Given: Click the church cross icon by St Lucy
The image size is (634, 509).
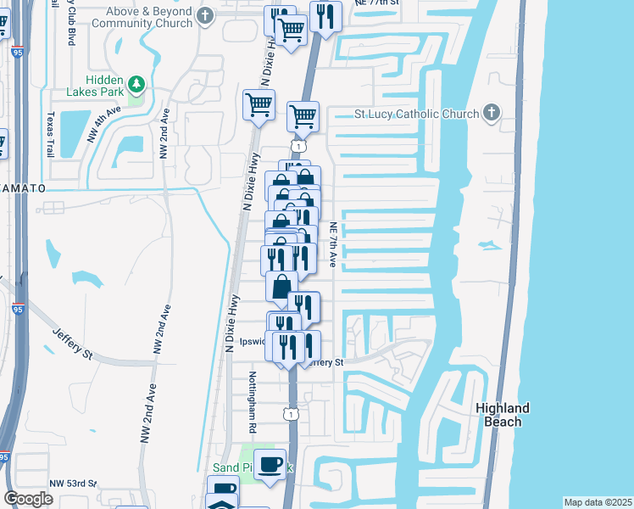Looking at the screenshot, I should click(x=491, y=114).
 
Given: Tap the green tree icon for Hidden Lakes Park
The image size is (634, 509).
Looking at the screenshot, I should click(x=136, y=84).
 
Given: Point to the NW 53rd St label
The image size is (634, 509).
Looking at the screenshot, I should click(x=73, y=483).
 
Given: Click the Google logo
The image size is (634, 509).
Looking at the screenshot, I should click(x=28, y=499).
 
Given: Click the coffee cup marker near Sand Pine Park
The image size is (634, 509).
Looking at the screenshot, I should click(x=270, y=464).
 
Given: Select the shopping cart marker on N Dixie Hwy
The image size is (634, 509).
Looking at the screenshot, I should click(x=259, y=105).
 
